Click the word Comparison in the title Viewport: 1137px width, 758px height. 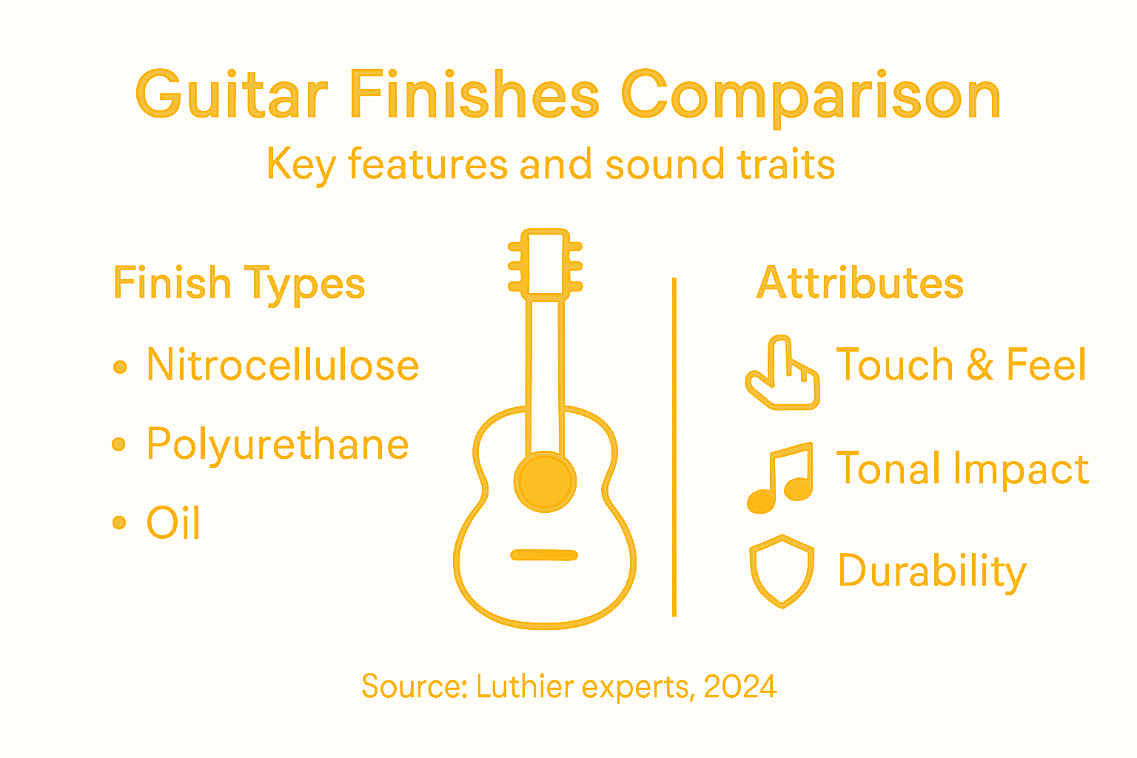[811, 96]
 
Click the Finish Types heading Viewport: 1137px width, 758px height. [239, 284]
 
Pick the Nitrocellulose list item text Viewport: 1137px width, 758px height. [283, 365]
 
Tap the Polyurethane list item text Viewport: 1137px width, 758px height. [278, 444]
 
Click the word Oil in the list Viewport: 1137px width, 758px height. [173, 523]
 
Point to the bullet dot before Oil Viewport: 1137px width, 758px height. [119, 523]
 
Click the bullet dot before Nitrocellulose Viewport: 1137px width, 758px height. [120, 366]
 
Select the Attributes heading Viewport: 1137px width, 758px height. [859, 284]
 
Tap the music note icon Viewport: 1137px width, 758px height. [779, 479]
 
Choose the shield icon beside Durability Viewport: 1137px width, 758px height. [782, 571]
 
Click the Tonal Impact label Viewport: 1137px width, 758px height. [962, 469]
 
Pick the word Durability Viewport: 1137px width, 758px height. [932, 571]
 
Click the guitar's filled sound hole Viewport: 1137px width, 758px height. [546, 482]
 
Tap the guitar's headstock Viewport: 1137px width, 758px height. [546, 264]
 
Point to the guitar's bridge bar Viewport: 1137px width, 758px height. [544, 555]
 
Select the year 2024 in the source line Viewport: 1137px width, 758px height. [739, 687]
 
